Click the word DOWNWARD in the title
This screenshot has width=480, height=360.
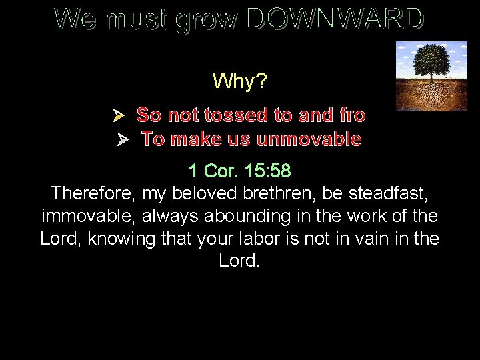[335, 20]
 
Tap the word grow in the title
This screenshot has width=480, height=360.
[206, 21]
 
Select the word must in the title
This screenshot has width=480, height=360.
[138, 21]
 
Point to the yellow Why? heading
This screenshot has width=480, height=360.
[240, 81]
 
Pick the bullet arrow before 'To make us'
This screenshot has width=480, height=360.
[123, 140]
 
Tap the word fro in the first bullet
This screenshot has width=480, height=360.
[353, 115]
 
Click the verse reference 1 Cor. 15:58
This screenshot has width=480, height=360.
[239, 171]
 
